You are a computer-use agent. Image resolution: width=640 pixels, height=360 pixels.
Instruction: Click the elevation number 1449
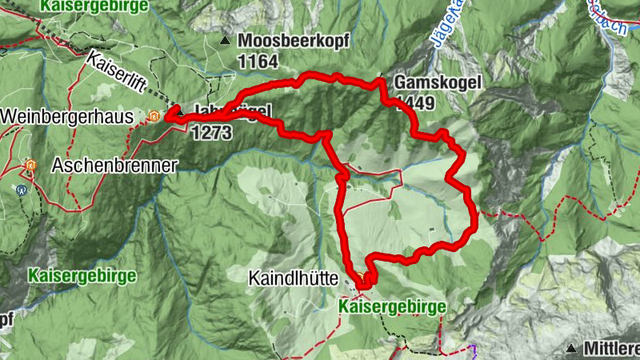click(414, 103)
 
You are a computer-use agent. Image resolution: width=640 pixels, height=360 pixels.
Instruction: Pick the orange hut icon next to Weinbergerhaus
click(154, 118)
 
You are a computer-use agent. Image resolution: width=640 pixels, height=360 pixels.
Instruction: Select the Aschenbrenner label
click(114, 165)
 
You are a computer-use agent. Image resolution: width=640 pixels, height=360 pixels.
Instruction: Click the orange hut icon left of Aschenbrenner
click(30, 166)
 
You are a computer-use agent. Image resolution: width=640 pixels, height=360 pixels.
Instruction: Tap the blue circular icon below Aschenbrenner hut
click(21, 190)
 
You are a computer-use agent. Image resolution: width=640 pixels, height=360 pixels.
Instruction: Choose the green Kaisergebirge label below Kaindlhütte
click(391, 306)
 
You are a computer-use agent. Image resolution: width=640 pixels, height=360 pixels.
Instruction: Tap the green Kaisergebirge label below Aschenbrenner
click(82, 275)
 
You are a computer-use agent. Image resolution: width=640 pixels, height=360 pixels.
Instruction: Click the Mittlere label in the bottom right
click(611, 348)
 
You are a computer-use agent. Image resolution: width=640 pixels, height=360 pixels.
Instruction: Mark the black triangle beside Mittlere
click(572, 348)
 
